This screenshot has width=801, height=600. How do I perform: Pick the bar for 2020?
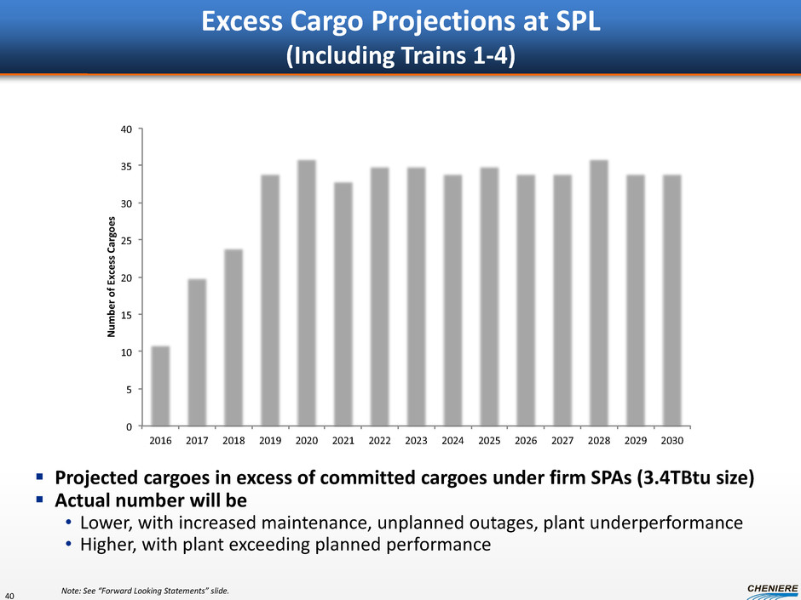pyautogui.click(x=307, y=293)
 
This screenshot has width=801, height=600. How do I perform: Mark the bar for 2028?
pyautogui.click(x=599, y=293)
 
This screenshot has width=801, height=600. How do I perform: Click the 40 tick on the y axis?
pyautogui.click(x=125, y=129)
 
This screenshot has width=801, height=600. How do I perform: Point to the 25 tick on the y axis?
pyautogui.click(x=125, y=241)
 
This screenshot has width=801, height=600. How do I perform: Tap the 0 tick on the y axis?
pyautogui.click(x=128, y=426)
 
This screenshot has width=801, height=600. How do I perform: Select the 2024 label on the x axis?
pyautogui.click(x=452, y=442)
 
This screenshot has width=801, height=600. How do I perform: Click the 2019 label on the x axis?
pyautogui.click(x=270, y=442)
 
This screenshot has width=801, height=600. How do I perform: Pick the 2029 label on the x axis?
pyautogui.click(x=636, y=442)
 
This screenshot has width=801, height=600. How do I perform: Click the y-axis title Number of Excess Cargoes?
pyautogui.click(x=112, y=277)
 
